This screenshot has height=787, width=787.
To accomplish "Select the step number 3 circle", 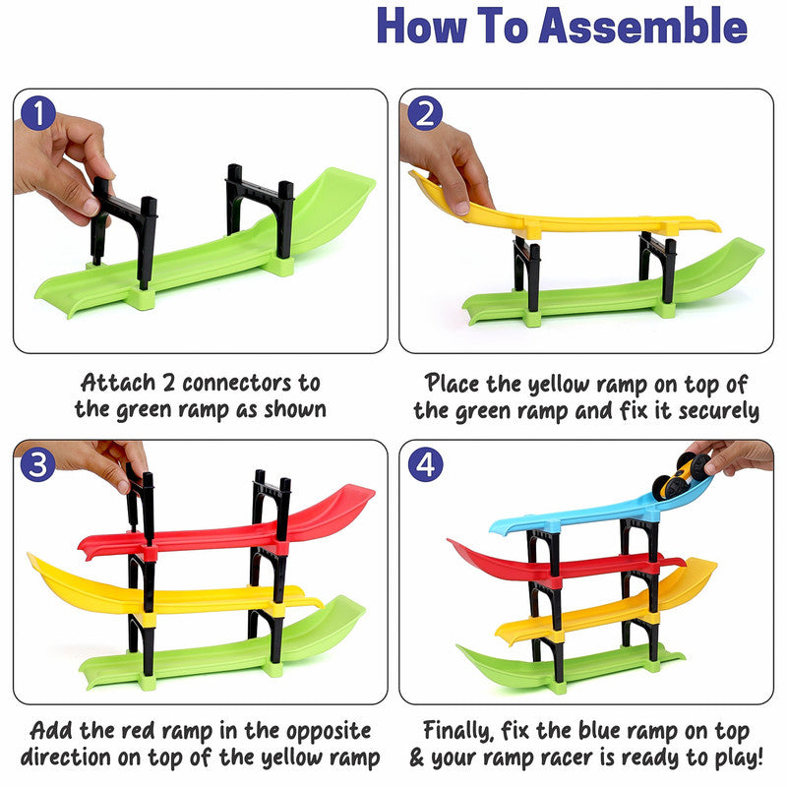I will [x=37, y=464].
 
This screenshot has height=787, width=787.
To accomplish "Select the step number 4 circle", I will [x=425, y=464].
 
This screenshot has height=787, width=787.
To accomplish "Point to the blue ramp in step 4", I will [x=580, y=515].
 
